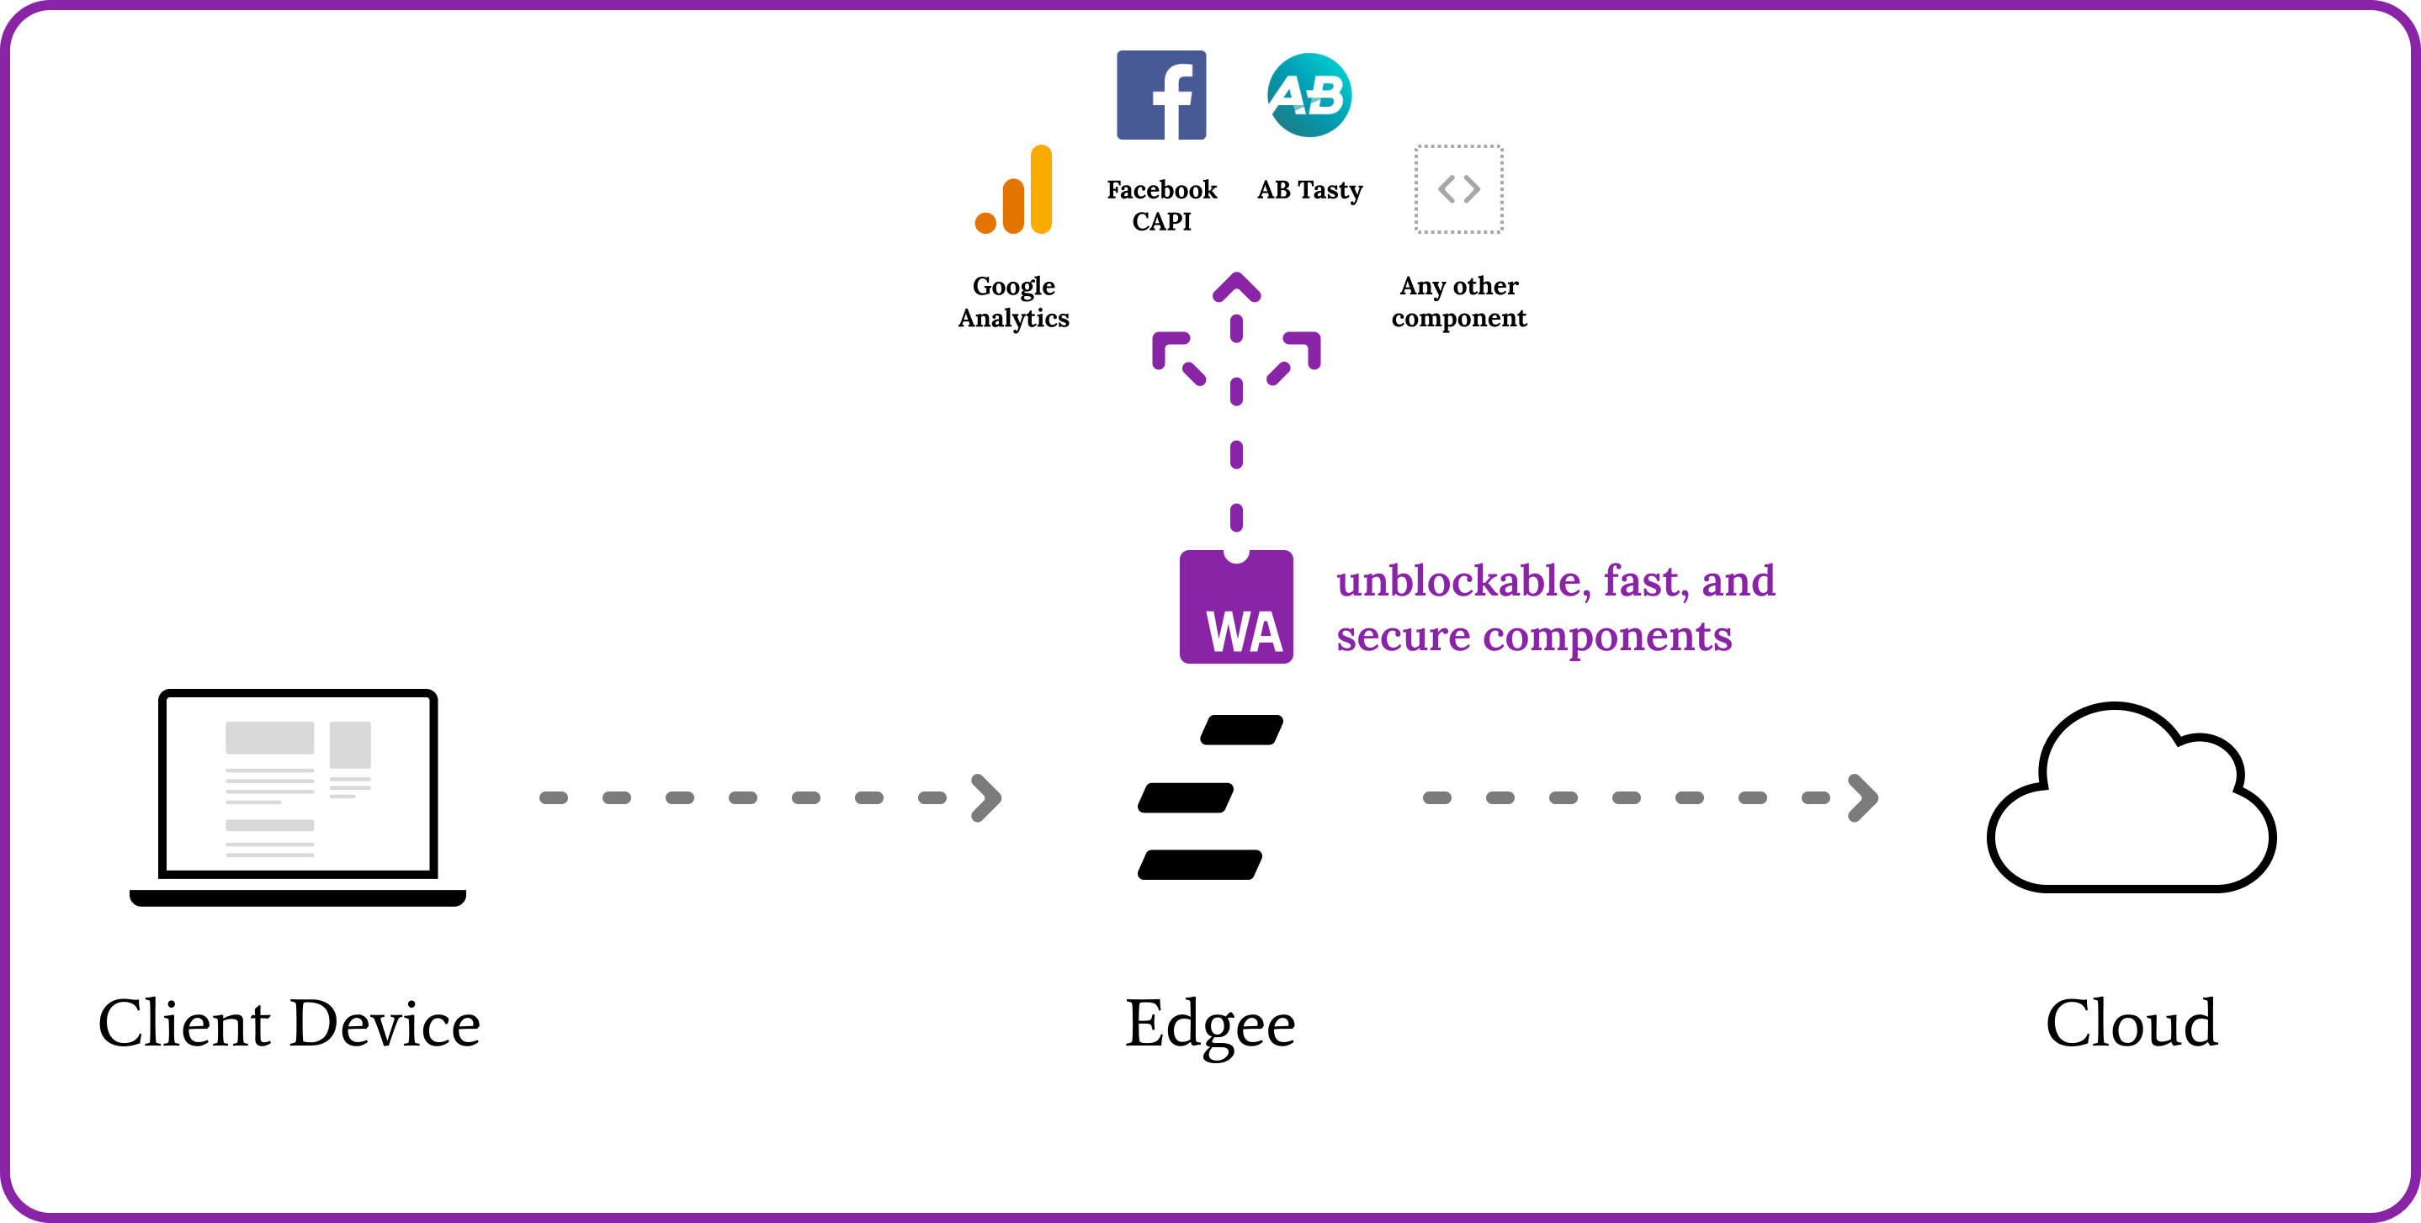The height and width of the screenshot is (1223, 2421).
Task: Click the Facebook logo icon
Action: (1160, 95)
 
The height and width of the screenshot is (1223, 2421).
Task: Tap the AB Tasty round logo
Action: (1309, 95)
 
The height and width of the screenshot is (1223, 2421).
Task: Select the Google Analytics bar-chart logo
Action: (1014, 190)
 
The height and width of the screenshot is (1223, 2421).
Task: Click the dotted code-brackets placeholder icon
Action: (1458, 188)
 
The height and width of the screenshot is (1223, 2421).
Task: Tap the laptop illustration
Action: (298, 797)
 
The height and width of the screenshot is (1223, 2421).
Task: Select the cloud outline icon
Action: (2131, 799)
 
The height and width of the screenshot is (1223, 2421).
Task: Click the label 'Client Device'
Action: (289, 1023)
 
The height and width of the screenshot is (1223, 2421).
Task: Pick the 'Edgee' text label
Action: (1209, 1024)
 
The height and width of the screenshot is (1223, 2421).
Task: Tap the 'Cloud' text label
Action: (2131, 1023)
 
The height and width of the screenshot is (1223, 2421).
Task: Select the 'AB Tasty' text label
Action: (1309, 191)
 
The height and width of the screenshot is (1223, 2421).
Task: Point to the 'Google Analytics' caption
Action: (1013, 301)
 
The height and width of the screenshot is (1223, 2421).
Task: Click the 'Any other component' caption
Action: (1458, 301)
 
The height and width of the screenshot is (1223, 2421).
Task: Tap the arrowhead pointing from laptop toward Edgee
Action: (986, 798)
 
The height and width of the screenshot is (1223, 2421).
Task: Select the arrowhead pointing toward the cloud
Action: (1863, 798)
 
